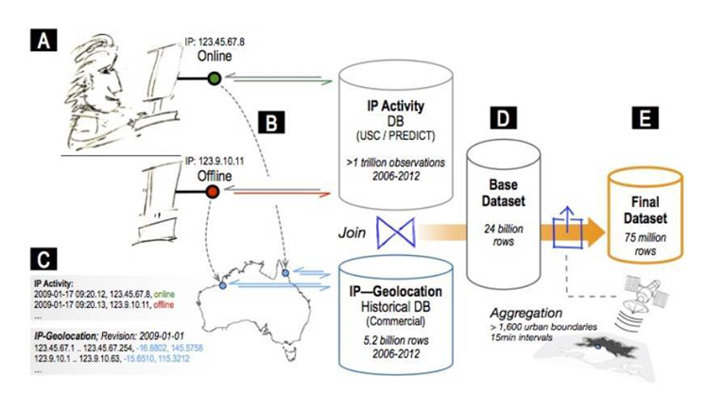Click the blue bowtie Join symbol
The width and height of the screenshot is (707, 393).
pos(391,231)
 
